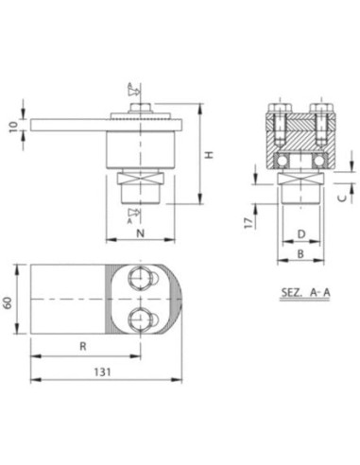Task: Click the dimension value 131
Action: (x=103, y=372)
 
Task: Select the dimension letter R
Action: (x=83, y=347)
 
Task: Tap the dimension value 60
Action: (x=8, y=302)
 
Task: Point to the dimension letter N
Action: (x=141, y=233)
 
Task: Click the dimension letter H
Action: (x=210, y=155)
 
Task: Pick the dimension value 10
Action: (x=13, y=127)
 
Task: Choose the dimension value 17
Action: (x=249, y=223)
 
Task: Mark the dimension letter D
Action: (x=301, y=234)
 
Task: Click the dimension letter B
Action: (x=300, y=253)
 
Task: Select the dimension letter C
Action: (x=342, y=198)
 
